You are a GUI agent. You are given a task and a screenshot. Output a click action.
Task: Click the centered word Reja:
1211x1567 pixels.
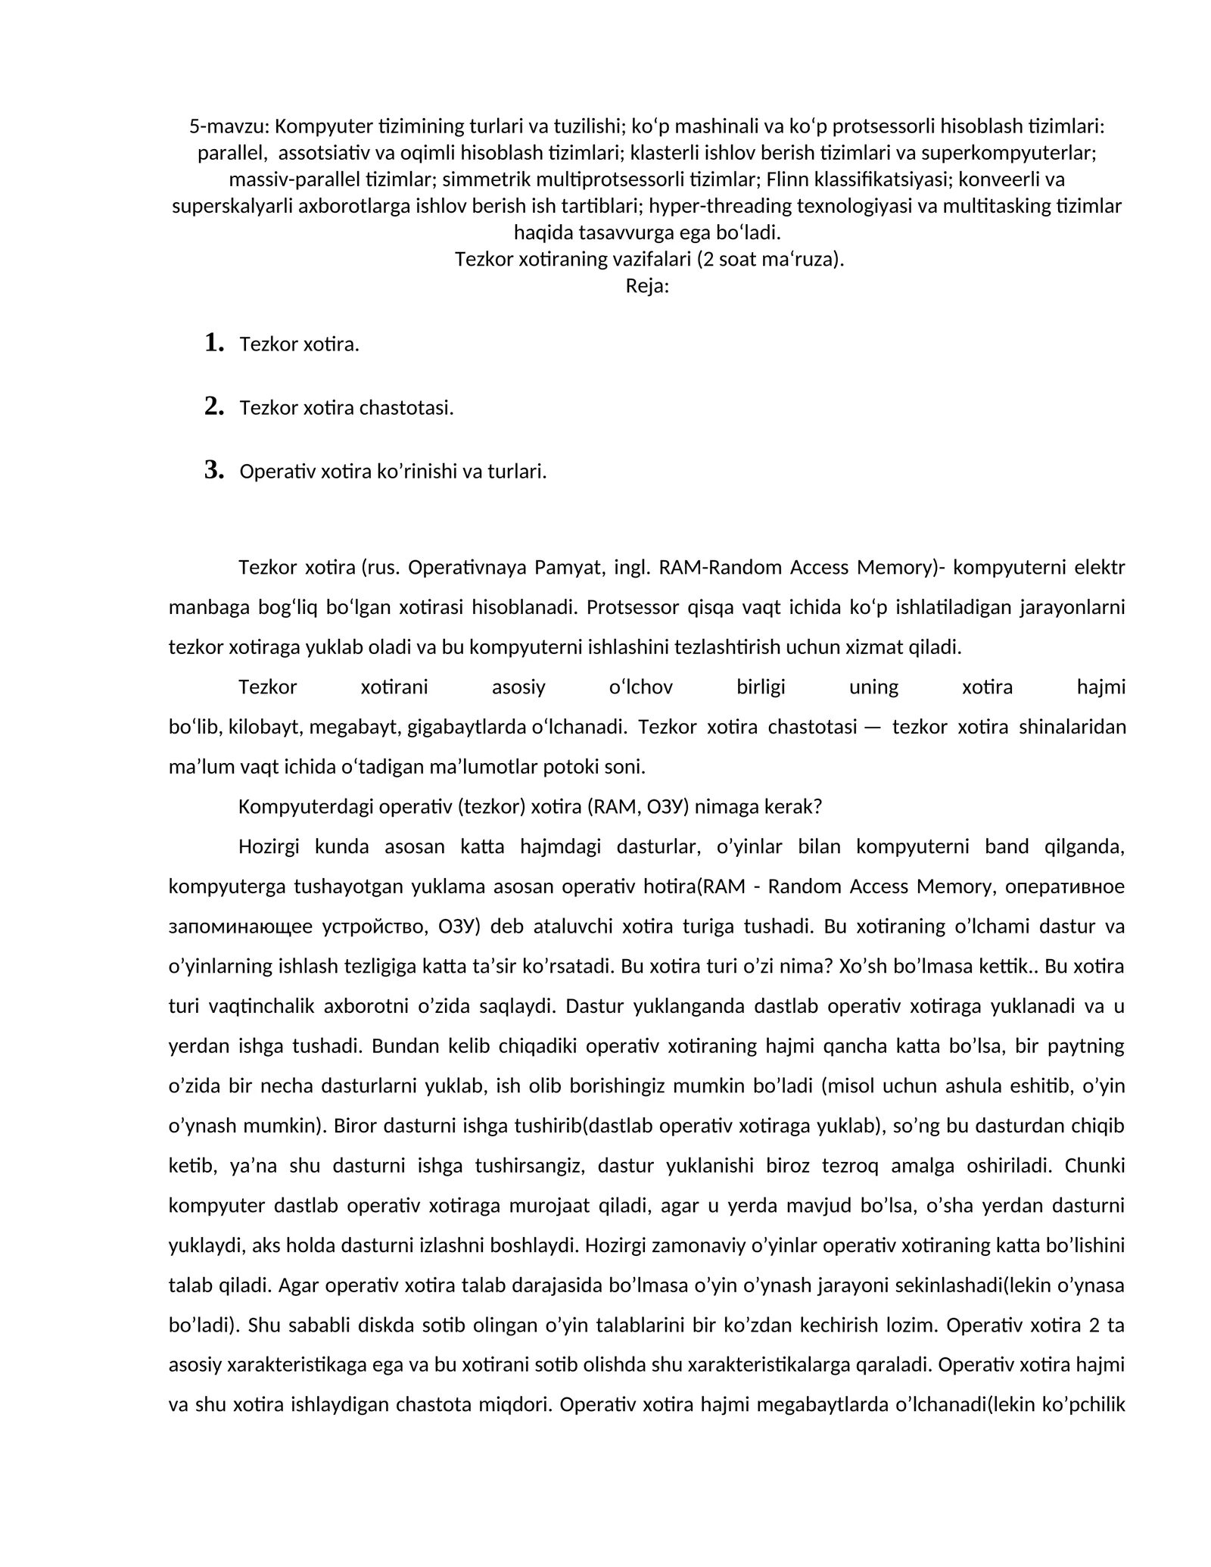[x=647, y=286]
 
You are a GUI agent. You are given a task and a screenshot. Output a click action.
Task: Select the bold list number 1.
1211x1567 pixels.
[x=214, y=343]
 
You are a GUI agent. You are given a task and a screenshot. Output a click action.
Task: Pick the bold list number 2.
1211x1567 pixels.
[x=214, y=407]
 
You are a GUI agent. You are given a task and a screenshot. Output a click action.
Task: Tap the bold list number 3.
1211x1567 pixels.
[x=214, y=470]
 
